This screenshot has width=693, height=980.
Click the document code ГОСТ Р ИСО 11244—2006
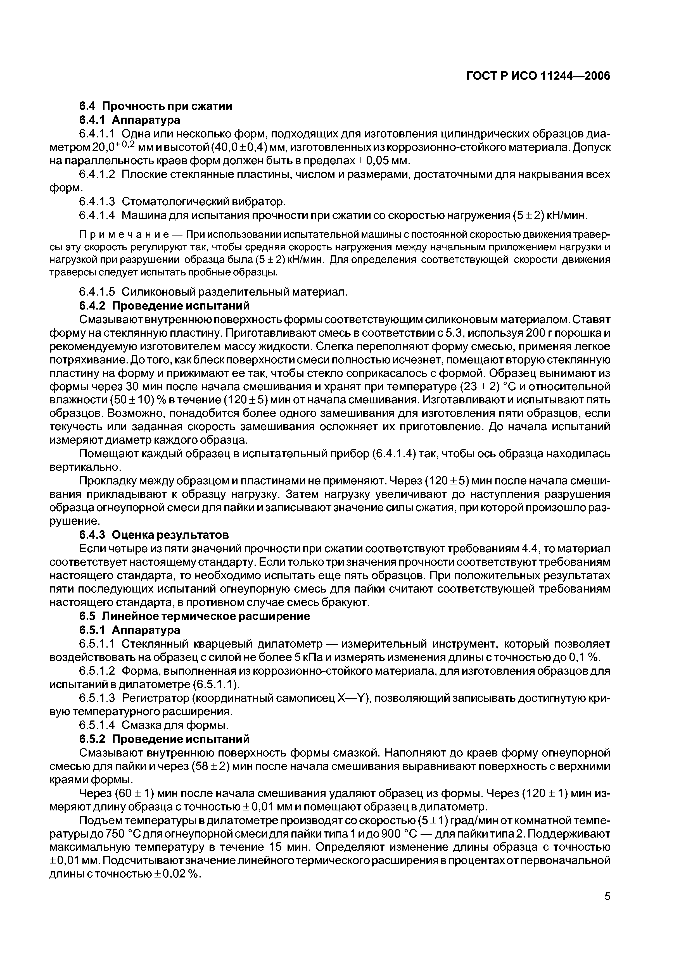538,76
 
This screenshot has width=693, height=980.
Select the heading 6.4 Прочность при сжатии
156,106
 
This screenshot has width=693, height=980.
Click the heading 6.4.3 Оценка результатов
154,535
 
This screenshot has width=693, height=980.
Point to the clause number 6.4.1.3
97,201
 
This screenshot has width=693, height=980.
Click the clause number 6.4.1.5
97,292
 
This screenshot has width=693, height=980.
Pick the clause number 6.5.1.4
97,725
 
